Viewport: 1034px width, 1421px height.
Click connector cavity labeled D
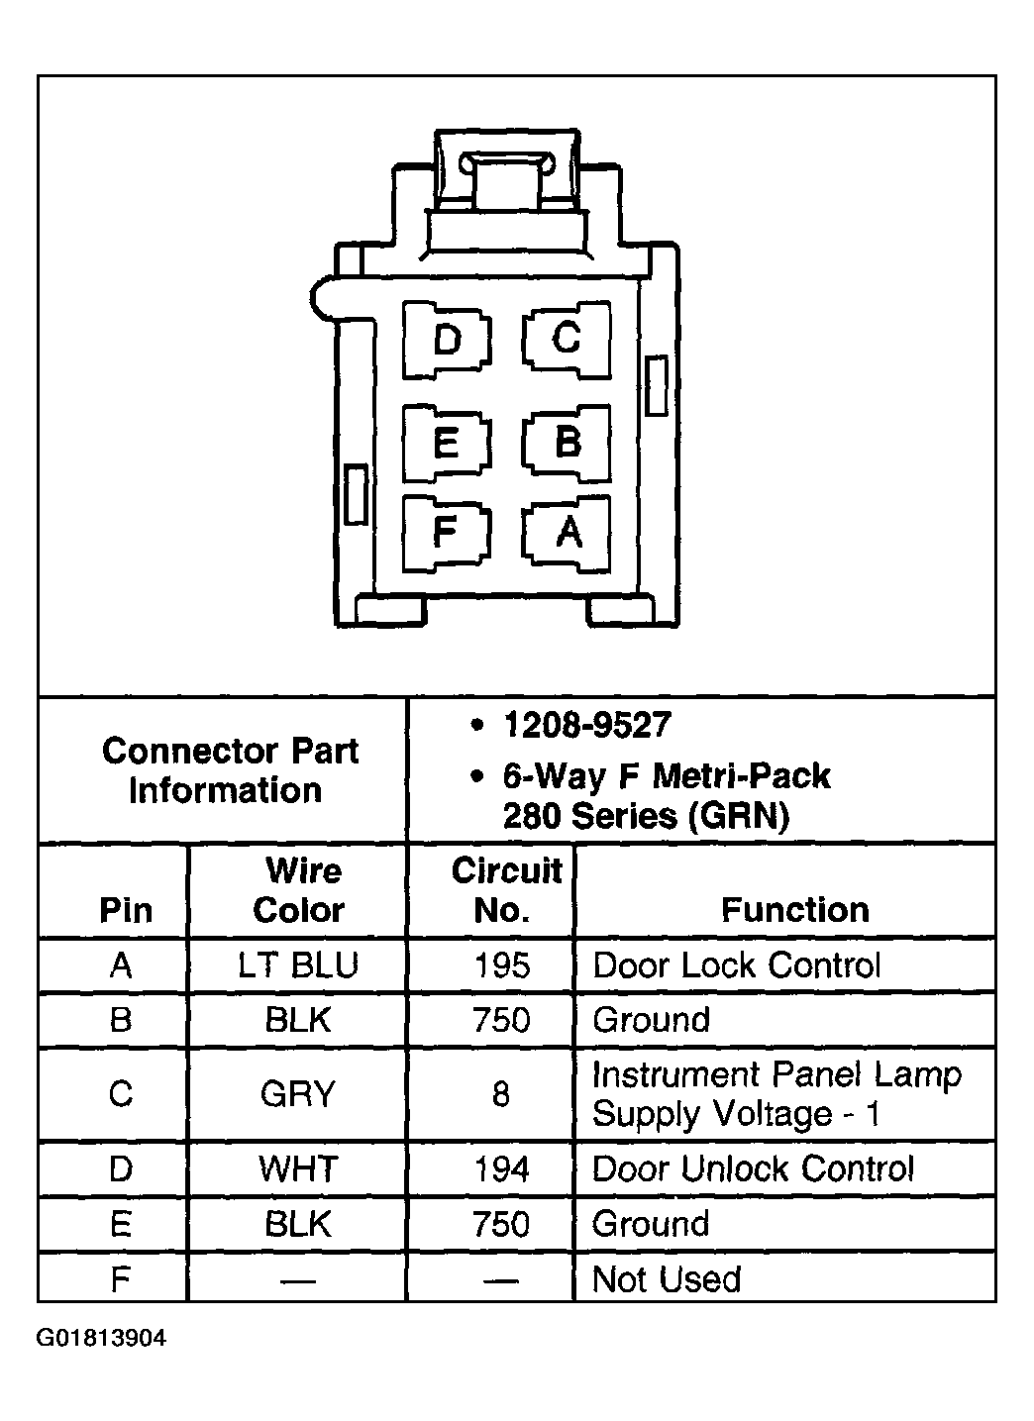[448, 341]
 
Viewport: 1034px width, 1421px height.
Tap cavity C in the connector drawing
[566, 339]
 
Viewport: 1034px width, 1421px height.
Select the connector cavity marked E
[447, 442]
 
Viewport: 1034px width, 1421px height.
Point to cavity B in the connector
[567, 442]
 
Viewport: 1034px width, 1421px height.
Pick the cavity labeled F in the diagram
[446, 533]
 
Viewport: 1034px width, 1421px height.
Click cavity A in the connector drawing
[568, 533]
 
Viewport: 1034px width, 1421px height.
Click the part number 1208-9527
[586, 726]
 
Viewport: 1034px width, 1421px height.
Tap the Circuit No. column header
[505, 890]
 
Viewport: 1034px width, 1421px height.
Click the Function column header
[794, 909]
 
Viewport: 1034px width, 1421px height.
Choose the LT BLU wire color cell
[298, 965]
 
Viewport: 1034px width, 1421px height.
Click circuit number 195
[502, 965]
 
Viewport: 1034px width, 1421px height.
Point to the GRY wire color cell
[297, 1094]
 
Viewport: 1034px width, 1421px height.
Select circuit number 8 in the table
[501, 1094]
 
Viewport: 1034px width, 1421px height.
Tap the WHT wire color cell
[297, 1169]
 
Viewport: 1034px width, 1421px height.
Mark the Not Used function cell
[666, 1279]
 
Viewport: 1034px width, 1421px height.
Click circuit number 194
[502, 1169]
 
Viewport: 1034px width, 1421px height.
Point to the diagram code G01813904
[102, 1339]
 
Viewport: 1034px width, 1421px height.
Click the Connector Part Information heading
[229, 770]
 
